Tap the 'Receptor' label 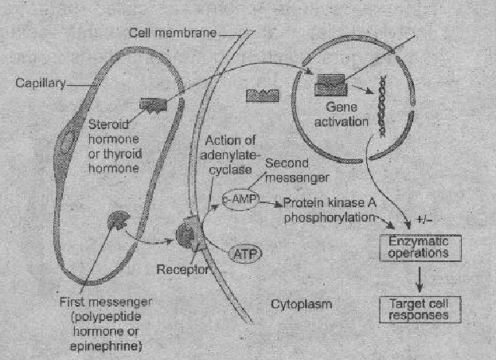[x=182, y=269]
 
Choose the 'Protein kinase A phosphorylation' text [x=330, y=209]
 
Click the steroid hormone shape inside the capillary [x=150, y=104]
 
